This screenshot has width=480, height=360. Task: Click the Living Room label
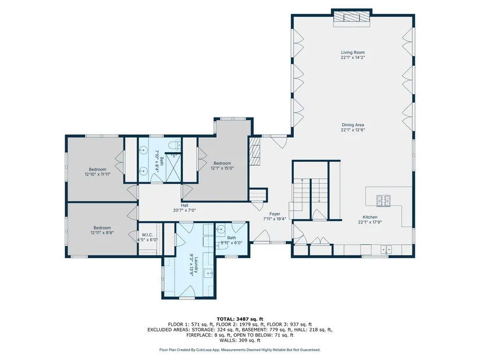pyautogui.click(x=353, y=52)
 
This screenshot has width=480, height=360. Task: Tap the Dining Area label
pyautogui.click(x=353, y=125)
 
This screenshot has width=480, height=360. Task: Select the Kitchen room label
pyautogui.click(x=370, y=217)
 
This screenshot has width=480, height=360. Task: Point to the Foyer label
pyautogui.click(x=275, y=214)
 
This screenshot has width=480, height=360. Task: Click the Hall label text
pyautogui.click(x=184, y=205)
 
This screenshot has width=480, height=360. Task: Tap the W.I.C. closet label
pyautogui.click(x=147, y=235)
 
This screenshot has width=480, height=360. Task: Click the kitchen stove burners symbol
pyautogui.click(x=383, y=201)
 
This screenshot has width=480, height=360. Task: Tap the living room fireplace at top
pyautogui.click(x=352, y=16)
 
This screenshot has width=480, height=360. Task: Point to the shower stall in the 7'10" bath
pyautogui.click(x=173, y=167)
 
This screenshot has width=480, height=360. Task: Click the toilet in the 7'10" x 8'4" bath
pyautogui.click(x=175, y=145)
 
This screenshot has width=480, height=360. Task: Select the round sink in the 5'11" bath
pyautogui.click(x=221, y=229)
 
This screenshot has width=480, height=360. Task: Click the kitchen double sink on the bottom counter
pyautogui.click(x=386, y=249)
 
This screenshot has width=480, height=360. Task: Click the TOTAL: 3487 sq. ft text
pyautogui.click(x=240, y=319)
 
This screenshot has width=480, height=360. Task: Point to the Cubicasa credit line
pyautogui.click(x=240, y=350)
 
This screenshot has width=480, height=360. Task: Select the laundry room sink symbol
pyautogui.click(x=209, y=272)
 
